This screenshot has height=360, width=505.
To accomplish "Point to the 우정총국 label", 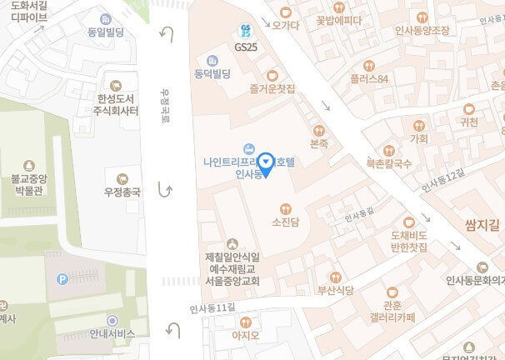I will point(122,192).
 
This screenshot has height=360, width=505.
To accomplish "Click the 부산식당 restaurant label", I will point(335,290).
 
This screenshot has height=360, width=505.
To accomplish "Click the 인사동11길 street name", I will point(212,308).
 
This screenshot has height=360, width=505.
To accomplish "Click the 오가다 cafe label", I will point(285,25).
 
